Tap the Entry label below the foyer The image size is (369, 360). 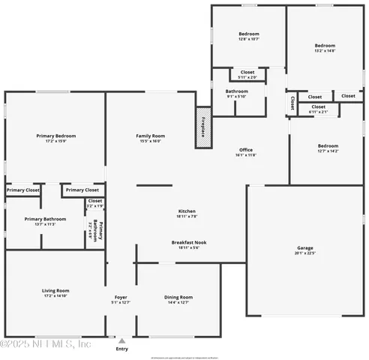tap(121, 349)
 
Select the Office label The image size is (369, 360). tap(247, 150)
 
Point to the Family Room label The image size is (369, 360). tap(150, 136)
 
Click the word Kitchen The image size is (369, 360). tap(187, 211)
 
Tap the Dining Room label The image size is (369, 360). tap(178, 298)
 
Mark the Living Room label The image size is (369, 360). tap(55, 290)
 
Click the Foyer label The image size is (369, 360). tap(121, 298)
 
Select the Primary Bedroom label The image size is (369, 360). tap(56, 136)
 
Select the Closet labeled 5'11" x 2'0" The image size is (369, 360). tap(247, 74)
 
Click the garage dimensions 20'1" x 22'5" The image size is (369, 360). tap(304, 253)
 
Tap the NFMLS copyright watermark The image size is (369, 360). tap(46, 344)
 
